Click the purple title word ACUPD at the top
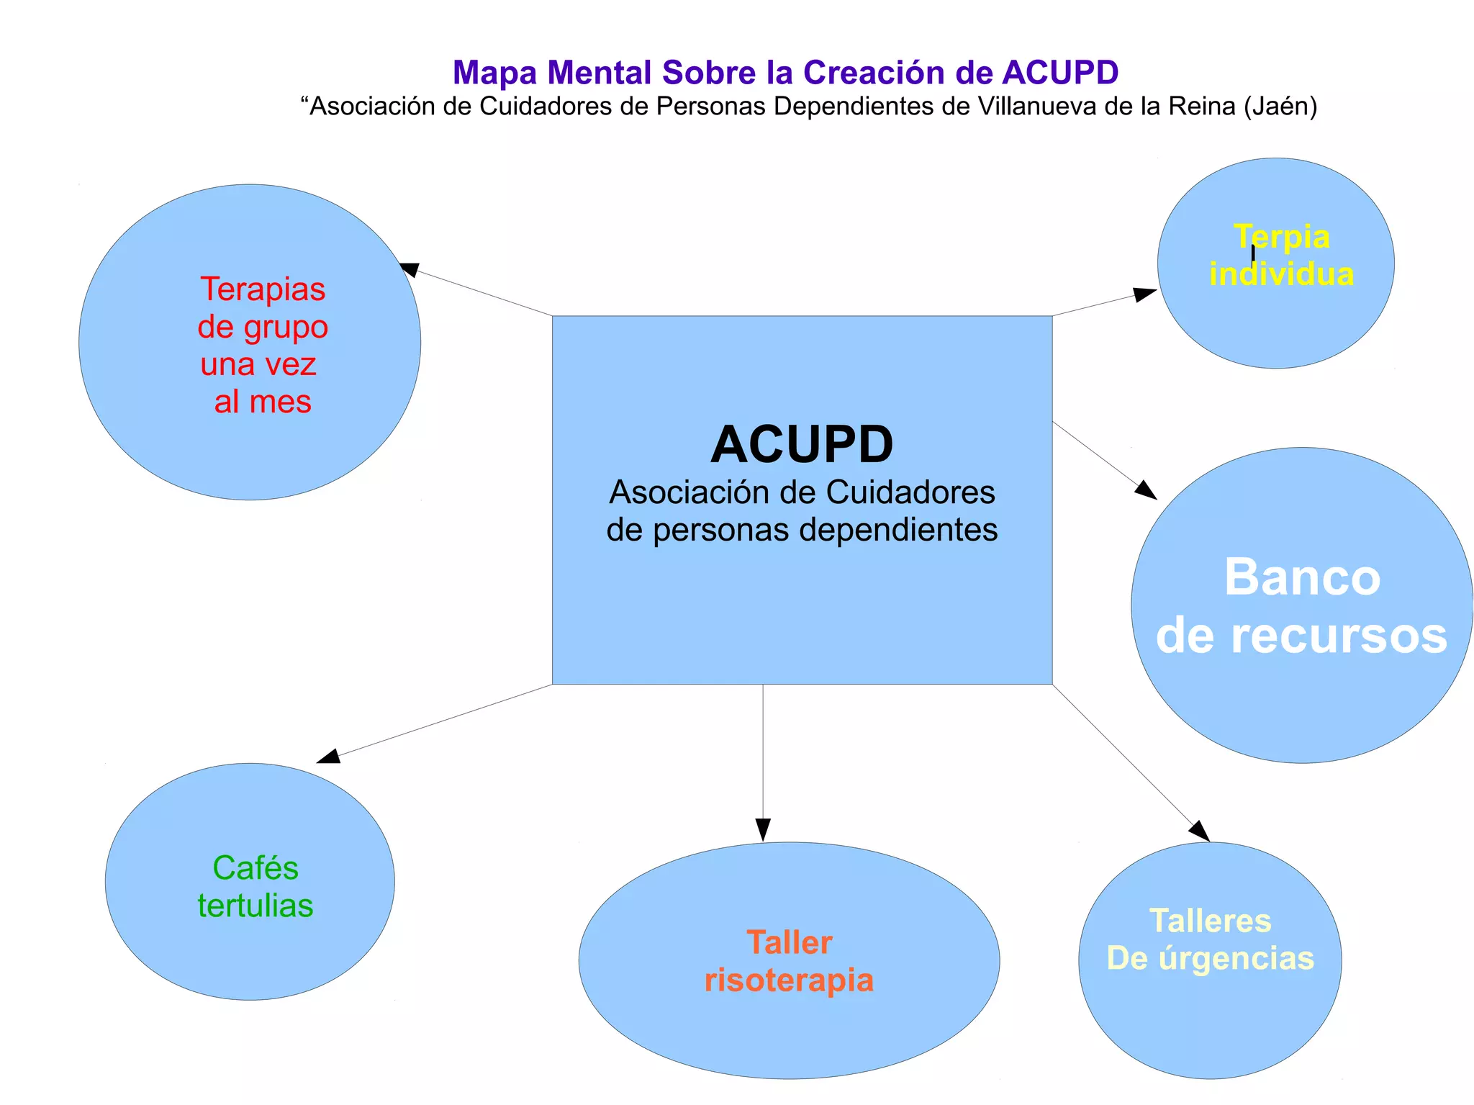1060,73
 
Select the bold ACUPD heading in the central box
802,444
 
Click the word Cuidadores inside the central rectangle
910,492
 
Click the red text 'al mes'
263,401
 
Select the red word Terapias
263,289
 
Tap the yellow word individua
1281,274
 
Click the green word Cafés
256,867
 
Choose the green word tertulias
256,905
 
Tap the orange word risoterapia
789,980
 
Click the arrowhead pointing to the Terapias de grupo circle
409,269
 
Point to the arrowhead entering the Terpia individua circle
1145,294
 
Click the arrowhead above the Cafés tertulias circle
328,756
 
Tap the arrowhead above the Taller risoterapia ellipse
763,829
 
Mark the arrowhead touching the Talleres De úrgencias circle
1200,831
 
